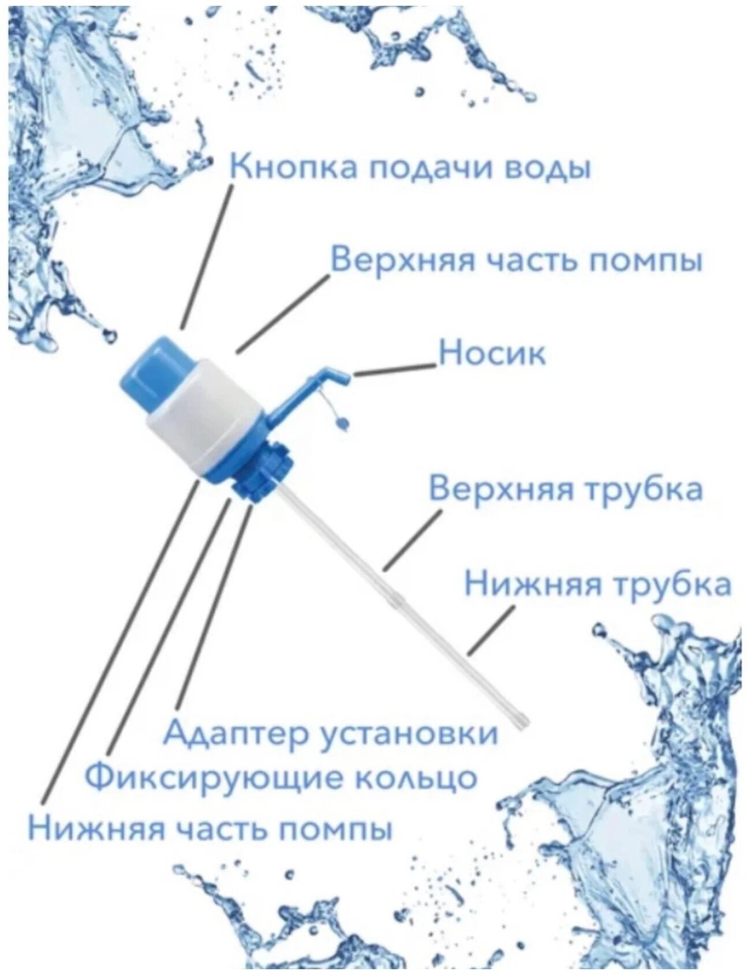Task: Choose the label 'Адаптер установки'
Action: [x=330, y=732]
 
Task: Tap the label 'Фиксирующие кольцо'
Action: [x=282, y=777]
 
